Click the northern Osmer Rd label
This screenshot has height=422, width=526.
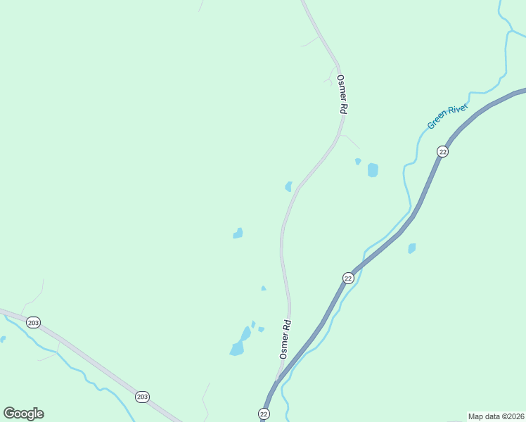[342, 95]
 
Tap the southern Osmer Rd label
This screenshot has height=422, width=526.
[286, 340]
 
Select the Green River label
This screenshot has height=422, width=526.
[447, 115]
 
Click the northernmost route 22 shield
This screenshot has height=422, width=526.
[442, 151]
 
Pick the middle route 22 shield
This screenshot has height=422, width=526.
[348, 278]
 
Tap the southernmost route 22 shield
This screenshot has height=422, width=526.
[264, 413]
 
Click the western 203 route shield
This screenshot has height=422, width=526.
[33, 322]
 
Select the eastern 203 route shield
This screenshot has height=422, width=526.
[143, 397]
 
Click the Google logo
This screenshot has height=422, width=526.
[23, 413]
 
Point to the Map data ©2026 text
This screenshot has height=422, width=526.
[496, 416]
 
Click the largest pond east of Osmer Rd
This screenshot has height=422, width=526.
[373, 170]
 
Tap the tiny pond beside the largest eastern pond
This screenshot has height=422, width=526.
[358, 161]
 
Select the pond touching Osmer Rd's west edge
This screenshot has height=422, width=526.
[288, 186]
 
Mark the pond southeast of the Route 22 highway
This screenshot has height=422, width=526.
[412, 248]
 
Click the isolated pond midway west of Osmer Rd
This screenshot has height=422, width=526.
[238, 233]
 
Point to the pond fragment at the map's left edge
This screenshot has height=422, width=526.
[2, 340]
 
